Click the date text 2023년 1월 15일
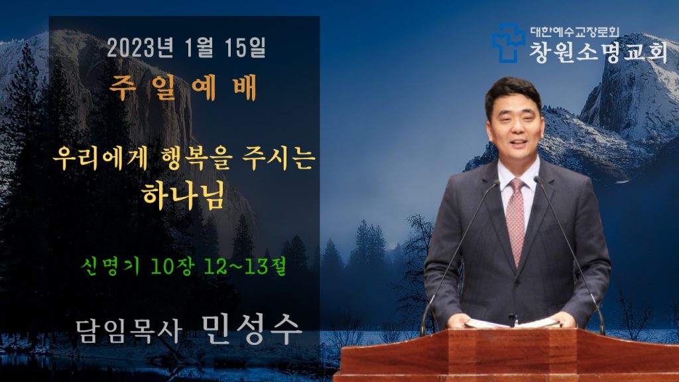click(x=186, y=48)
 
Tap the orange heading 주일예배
click(x=183, y=88)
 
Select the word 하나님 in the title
click(x=184, y=195)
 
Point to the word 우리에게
click(x=101, y=158)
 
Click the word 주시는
click(x=278, y=158)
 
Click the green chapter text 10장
click(x=172, y=265)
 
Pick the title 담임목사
click(x=129, y=332)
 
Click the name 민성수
click(x=251, y=330)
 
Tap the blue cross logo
click(x=507, y=42)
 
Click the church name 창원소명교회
click(x=598, y=52)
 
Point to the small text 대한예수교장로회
click(x=575, y=32)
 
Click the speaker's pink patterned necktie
click(x=515, y=220)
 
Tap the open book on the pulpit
click(x=513, y=323)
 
